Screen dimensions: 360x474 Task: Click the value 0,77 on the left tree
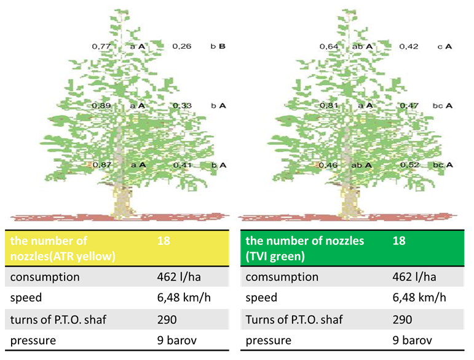101,46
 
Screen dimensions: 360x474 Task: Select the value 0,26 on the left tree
181,46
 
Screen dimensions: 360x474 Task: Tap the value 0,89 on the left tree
101,106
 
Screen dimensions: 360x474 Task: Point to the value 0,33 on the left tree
181,106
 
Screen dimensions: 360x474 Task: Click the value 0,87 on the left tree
101,166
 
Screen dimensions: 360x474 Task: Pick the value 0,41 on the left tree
181,166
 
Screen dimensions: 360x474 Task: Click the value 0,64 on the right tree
328,46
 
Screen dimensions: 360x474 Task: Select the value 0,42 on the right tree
409,46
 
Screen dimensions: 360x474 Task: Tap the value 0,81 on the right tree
328,106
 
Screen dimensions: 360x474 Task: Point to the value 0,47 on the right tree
409,106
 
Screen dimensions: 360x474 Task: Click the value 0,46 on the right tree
328,166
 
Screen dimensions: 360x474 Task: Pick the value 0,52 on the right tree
409,166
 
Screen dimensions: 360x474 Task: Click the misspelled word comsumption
282,277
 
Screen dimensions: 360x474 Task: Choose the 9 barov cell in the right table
413,340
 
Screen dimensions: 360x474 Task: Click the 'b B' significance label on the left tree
218,46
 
